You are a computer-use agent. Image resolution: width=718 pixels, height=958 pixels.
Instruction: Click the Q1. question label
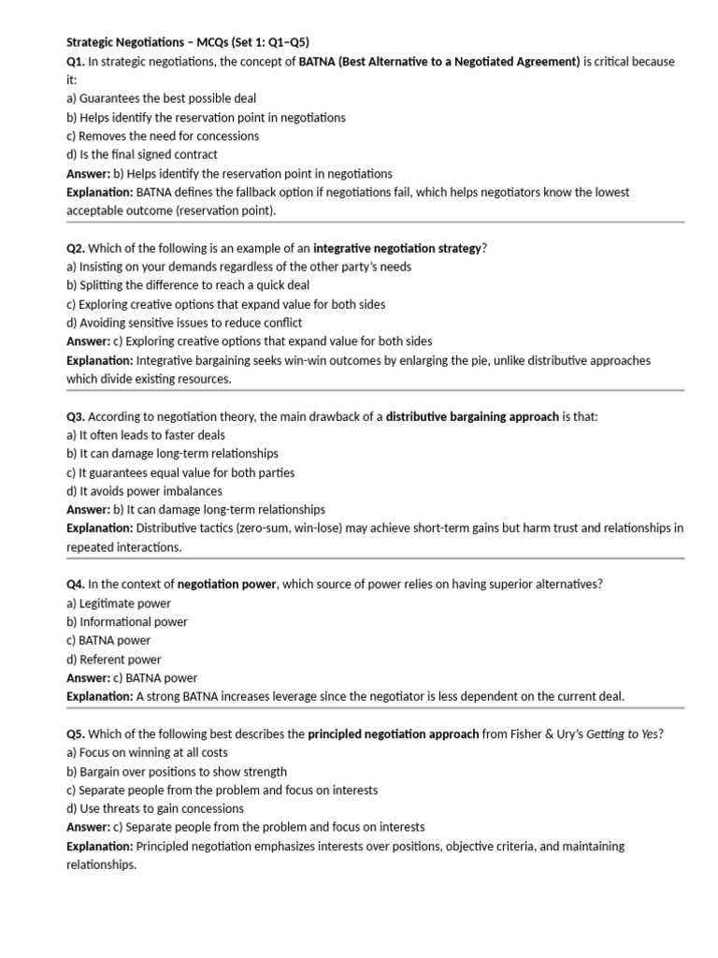point(76,61)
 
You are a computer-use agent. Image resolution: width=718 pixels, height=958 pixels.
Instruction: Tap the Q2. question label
point(76,248)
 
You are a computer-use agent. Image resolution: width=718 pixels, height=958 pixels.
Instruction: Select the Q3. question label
point(76,416)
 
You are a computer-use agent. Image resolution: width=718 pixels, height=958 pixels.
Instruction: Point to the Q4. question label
point(76,585)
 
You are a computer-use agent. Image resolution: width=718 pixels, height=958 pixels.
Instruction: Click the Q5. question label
point(76,734)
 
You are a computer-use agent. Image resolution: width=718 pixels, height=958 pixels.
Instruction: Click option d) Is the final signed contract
point(142,154)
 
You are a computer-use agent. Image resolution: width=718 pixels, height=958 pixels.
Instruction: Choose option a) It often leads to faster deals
point(146,435)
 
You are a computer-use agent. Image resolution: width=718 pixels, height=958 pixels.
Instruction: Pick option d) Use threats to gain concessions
point(155,809)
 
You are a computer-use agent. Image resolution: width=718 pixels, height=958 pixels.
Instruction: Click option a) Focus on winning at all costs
point(148,753)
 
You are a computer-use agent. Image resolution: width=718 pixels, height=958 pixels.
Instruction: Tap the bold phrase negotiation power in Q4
point(227,585)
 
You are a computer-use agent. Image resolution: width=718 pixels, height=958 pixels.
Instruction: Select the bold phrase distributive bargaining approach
point(472,416)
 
